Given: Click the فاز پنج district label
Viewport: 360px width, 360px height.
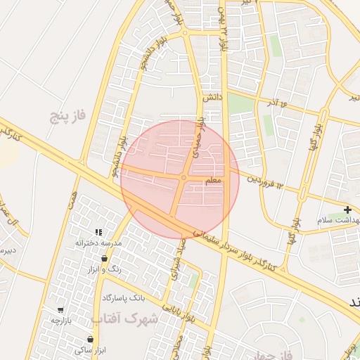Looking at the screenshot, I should point(67,115).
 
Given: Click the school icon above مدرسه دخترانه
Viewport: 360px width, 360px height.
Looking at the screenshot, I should point(99,231).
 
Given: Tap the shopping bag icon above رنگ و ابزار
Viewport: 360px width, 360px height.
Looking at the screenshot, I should point(105,259).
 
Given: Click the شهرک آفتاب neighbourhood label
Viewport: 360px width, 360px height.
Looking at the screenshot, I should point(134,319).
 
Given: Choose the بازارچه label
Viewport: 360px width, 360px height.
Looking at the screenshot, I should point(62,320).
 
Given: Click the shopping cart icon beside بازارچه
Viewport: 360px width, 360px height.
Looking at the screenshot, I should point(61,309).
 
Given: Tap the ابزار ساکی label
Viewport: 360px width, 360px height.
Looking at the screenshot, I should point(90,349).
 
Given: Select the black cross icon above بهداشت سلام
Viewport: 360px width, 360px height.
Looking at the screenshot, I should point(348,210).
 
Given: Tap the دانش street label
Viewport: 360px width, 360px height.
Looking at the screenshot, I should point(213,98).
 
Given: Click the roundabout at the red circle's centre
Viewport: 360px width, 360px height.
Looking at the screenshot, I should point(183,178).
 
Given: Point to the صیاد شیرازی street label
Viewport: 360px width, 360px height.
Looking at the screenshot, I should point(173,264).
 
